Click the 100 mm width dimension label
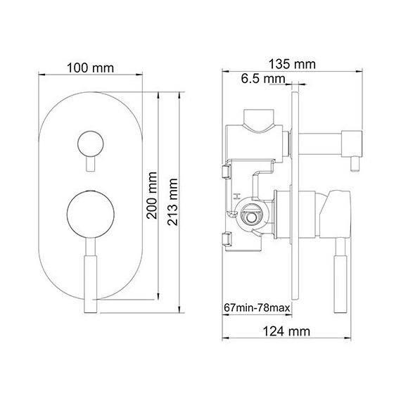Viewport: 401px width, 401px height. click(91, 69)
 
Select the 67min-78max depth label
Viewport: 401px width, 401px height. click(257, 308)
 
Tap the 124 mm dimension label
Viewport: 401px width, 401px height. click(288, 330)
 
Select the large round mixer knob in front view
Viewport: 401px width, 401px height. click(89, 214)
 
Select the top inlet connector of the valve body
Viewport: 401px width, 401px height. click(259, 117)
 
